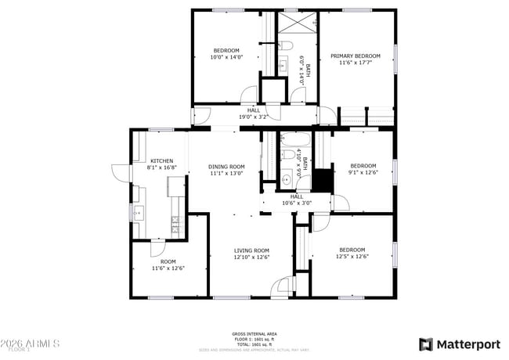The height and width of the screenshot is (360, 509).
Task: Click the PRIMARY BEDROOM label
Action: (x=355, y=56)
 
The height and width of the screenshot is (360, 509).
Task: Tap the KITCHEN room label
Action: (x=162, y=160)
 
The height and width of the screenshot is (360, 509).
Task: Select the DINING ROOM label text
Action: (x=226, y=166)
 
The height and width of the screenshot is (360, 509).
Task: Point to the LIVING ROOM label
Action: (x=251, y=250)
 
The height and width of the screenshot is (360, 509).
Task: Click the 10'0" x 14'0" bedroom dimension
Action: (x=226, y=57)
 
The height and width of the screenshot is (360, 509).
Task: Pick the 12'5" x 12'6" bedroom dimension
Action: (x=352, y=256)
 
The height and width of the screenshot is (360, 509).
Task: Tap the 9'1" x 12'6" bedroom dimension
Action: (x=363, y=172)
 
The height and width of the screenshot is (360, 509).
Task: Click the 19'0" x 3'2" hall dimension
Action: (x=253, y=117)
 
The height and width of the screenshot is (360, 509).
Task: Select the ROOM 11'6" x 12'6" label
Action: (x=168, y=265)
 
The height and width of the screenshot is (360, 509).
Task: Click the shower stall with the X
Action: (x=298, y=22)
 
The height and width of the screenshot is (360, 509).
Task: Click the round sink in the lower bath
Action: (x=287, y=179)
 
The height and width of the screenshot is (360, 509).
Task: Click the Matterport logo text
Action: (x=469, y=344)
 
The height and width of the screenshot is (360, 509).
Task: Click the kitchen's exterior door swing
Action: (x=121, y=172)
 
